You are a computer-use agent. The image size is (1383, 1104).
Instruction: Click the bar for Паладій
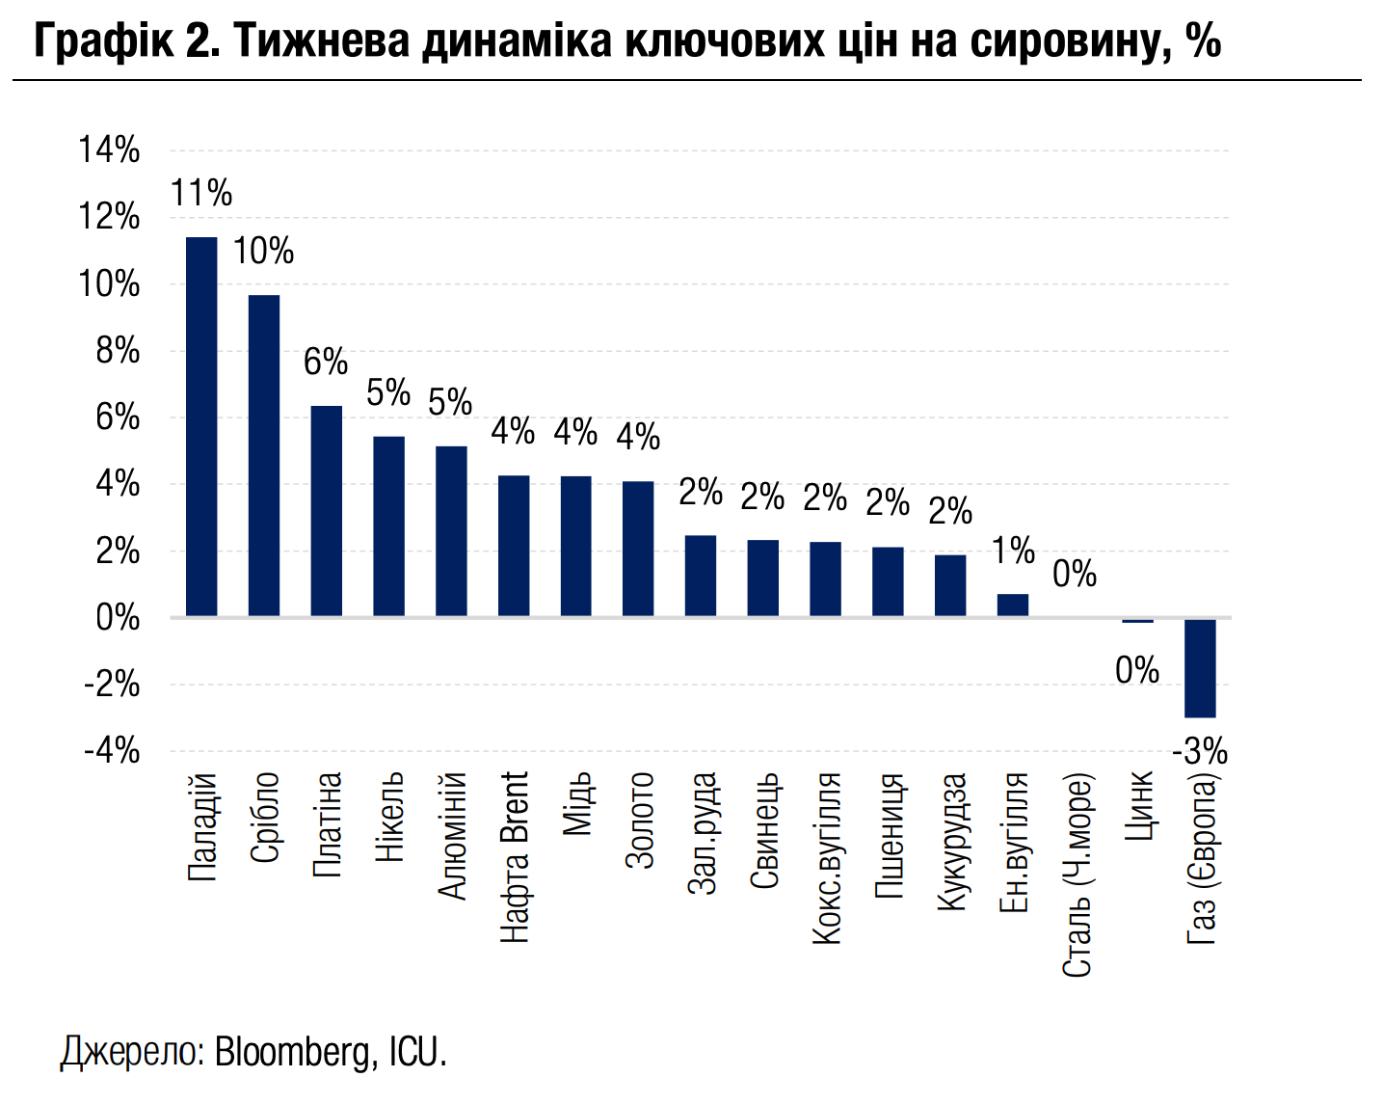point(201,426)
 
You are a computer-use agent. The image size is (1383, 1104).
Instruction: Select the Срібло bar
point(264,455)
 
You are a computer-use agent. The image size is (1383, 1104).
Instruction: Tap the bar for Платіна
point(327,511)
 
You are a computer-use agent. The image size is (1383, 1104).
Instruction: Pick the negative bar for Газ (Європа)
point(1200,667)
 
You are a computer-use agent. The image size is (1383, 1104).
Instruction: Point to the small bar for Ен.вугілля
point(1013,605)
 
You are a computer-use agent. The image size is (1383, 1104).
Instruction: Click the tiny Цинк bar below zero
point(1137,621)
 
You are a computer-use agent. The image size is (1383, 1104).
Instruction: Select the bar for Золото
point(638,549)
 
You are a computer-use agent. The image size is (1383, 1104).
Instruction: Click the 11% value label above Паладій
point(201,194)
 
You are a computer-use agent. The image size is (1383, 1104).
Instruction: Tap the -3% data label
point(1200,751)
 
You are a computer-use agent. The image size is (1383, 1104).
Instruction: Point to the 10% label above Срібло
point(263,252)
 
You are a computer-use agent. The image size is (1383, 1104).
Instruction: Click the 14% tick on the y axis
point(110,150)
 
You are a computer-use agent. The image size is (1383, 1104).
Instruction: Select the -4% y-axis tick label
point(113,751)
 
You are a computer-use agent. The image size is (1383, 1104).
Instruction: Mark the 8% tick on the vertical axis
point(118,352)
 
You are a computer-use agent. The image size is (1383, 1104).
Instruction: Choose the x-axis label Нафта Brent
point(515,856)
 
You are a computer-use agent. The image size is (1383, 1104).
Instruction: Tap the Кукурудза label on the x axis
point(951,841)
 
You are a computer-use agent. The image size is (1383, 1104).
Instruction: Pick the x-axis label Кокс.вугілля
point(827,856)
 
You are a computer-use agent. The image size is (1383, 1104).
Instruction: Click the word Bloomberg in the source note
point(292,1051)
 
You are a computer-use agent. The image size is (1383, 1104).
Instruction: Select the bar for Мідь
point(576,546)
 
